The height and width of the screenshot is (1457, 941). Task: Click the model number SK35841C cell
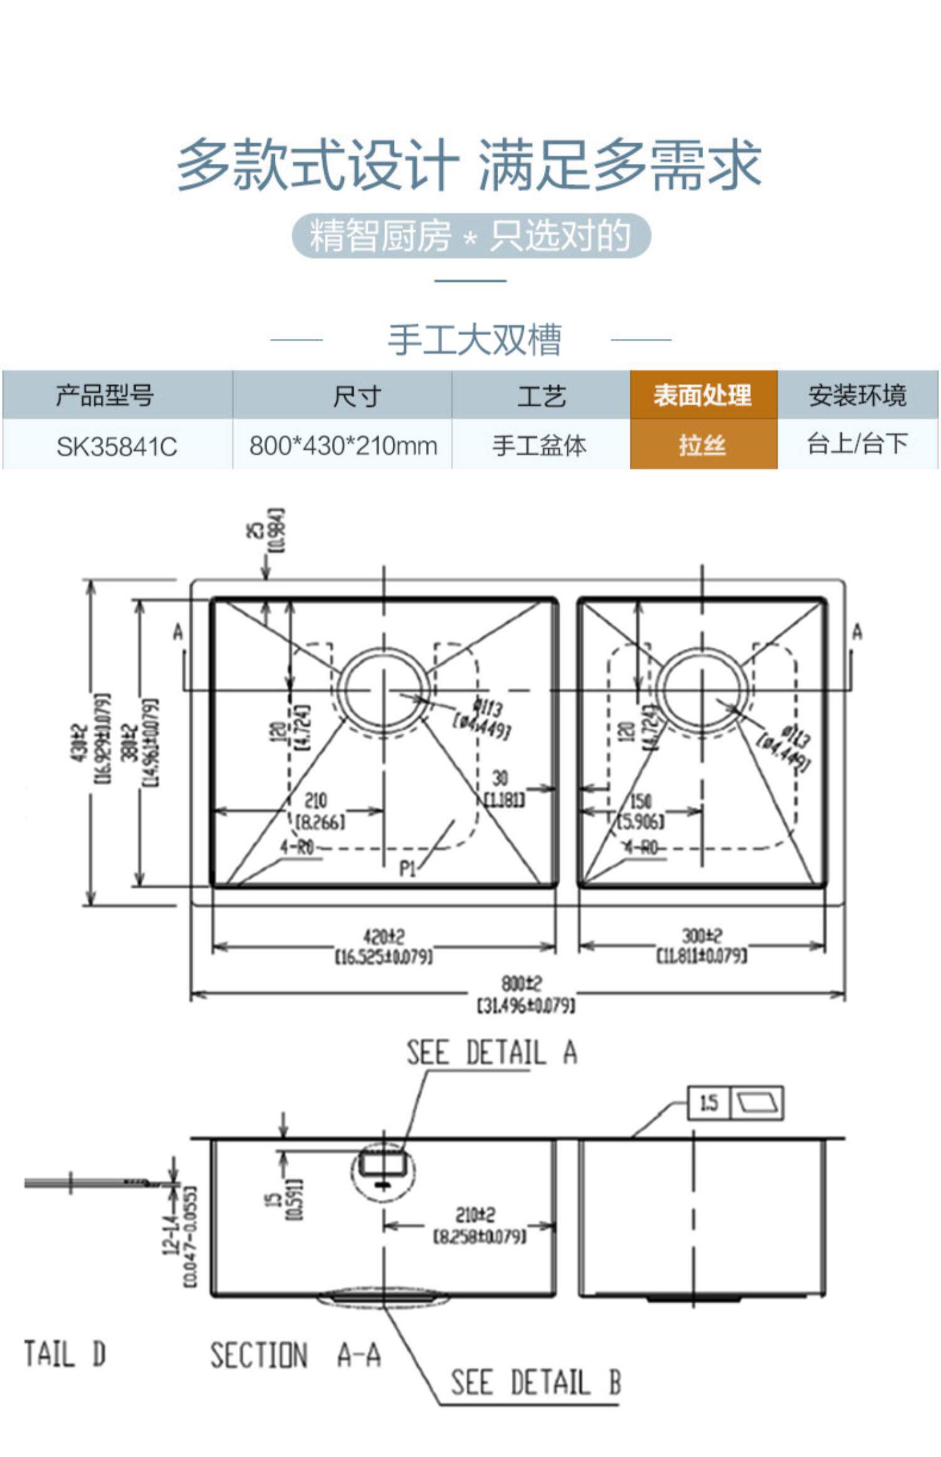(x=117, y=446)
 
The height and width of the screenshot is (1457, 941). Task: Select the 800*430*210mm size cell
(x=343, y=446)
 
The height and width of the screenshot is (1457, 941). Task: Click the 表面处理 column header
(x=703, y=395)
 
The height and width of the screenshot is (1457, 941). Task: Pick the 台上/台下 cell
(x=857, y=444)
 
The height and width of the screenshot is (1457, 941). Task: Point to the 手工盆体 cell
(x=540, y=446)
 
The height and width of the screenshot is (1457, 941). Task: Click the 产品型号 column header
(x=104, y=395)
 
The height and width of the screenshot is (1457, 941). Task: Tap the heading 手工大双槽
(x=474, y=339)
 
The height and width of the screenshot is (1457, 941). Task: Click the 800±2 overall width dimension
(x=521, y=983)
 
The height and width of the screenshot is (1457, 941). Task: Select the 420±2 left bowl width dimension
(x=384, y=937)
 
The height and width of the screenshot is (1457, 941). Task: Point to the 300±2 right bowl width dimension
(x=701, y=936)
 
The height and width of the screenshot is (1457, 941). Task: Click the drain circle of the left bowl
(x=384, y=690)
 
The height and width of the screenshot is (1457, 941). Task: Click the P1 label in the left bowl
(x=408, y=868)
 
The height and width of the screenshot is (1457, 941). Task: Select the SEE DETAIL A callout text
(x=491, y=1052)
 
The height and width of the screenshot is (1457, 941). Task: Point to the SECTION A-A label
(x=295, y=1355)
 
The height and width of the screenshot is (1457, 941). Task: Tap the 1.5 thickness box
(x=709, y=1102)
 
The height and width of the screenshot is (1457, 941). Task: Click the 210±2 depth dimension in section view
(x=475, y=1215)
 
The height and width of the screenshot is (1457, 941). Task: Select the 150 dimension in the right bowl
(x=641, y=801)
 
